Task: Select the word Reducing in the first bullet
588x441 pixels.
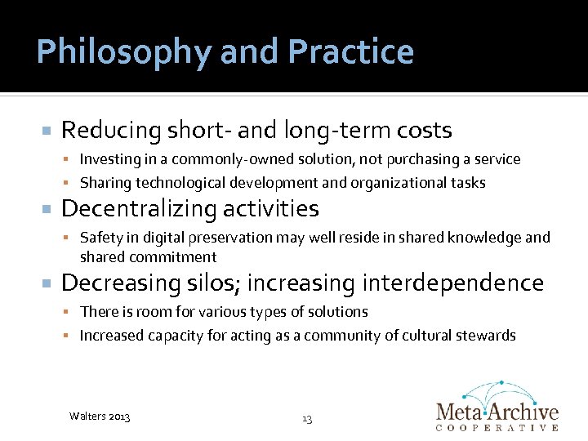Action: click(112, 131)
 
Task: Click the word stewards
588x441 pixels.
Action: click(487, 336)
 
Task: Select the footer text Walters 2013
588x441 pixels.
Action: click(100, 417)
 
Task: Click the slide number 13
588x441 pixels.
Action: click(307, 419)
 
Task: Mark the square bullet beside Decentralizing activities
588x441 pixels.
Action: click(47, 210)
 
